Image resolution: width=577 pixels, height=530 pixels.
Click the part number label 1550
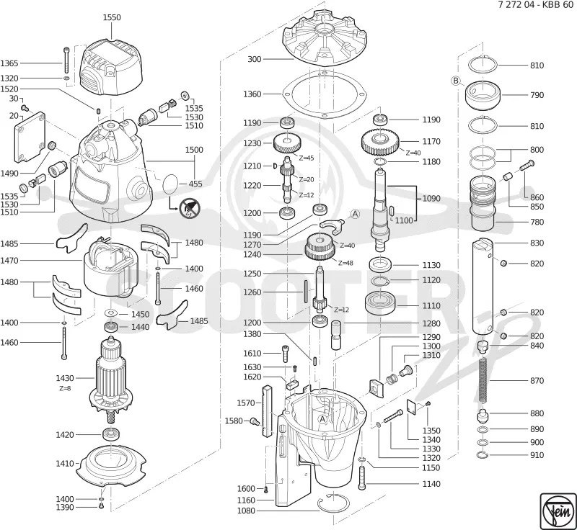pyautogui.click(x=112, y=17)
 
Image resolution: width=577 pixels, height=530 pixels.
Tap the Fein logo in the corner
pyautogui.click(x=558, y=511)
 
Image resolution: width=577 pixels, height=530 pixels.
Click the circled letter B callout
pyautogui.click(x=456, y=81)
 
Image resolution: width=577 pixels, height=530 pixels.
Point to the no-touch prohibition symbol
pyautogui.click(x=190, y=209)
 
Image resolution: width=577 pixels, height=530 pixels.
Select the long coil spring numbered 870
pyautogui.click(x=484, y=380)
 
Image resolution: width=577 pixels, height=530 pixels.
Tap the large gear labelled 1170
pyautogui.click(x=380, y=141)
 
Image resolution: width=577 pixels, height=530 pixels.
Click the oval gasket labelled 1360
pyautogui.click(x=324, y=94)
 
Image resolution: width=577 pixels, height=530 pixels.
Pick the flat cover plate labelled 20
pyautogui.click(x=30, y=138)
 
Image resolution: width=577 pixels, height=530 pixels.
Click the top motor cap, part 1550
pyautogui.click(x=112, y=67)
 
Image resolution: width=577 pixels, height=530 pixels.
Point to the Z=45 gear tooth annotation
pyautogui.click(x=306, y=158)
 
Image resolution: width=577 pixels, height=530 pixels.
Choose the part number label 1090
pyautogui.click(x=431, y=199)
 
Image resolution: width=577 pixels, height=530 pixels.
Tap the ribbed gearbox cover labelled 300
pyautogui.click(x=325, y=39)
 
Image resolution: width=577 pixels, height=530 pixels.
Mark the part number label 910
pyautogui.click(x=537, y=455)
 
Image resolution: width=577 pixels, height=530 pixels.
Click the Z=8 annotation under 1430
pyautogui.click(x=65, y=389)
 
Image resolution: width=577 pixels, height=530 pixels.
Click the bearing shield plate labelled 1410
pyautogui.click(x=112, y=465)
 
